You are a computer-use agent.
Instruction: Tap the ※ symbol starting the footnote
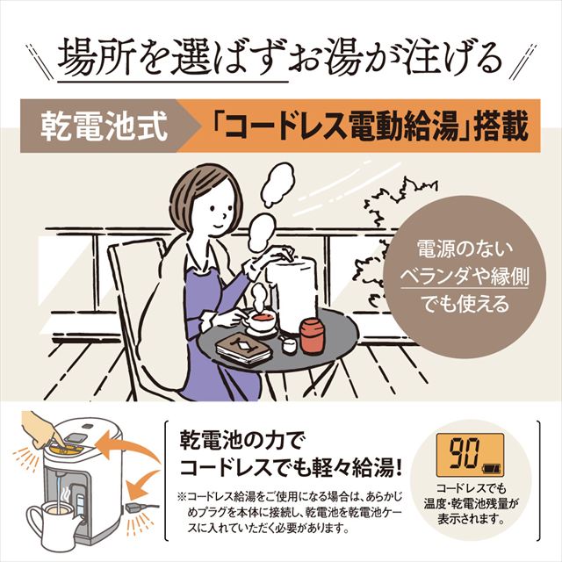coord(182,494)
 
